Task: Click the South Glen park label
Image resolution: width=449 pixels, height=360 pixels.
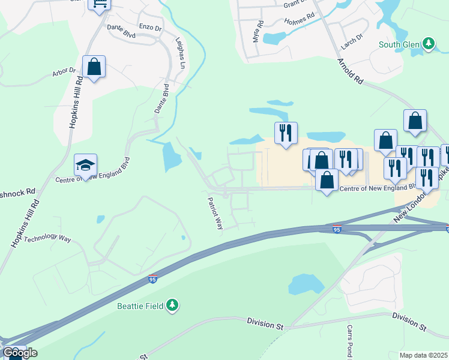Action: click(399, 44)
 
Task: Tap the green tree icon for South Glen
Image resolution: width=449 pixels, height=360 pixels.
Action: click(428, 43)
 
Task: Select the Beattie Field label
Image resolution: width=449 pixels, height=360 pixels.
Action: click(140, 305)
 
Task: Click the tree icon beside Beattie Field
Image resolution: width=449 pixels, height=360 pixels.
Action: click(173, 305)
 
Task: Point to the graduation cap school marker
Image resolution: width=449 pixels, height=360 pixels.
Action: click(85, 164)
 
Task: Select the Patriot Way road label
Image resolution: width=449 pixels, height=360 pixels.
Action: click(215, 213)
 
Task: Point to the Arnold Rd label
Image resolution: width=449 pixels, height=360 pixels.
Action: click(351, 71)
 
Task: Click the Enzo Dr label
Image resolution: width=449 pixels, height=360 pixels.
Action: click(150, 28)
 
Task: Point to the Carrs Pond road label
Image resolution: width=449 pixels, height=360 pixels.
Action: click(350, 341)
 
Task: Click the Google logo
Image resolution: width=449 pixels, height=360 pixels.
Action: click(19, 352)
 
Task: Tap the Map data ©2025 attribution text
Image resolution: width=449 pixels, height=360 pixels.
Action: click(423, 355)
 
